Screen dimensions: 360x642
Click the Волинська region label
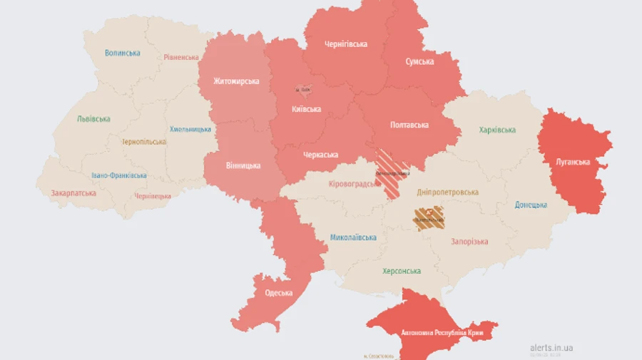click(x=122, y=53)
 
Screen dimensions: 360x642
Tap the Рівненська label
click(x=180, y=57)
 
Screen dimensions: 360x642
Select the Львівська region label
click(x=93, y=119)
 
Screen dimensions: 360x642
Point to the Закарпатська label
click(x=73, y=193)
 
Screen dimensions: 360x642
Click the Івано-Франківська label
click(x=119, y=175)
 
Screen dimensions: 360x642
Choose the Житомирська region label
click(x=236, y=81)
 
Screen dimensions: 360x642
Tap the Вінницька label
click(x=243, y=165)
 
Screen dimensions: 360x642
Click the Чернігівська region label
click(x=346, y=44)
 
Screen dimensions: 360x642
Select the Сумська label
click(x=419, y=62)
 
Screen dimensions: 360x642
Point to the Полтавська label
click(x=409, y=125)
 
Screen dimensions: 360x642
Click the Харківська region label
click(x=497, y=130)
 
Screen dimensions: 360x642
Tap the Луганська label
click(x=573, y=162)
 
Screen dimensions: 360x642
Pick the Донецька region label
click(x=531, y=205)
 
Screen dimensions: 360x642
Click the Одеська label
click(x=278, y=293)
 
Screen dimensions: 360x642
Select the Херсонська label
click(x=401, y=271)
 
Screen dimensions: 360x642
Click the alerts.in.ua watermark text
click(x=551, y=348)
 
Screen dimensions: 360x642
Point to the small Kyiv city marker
click(x=303, y=89)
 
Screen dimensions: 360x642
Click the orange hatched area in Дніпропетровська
click(x=428, y=218)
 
